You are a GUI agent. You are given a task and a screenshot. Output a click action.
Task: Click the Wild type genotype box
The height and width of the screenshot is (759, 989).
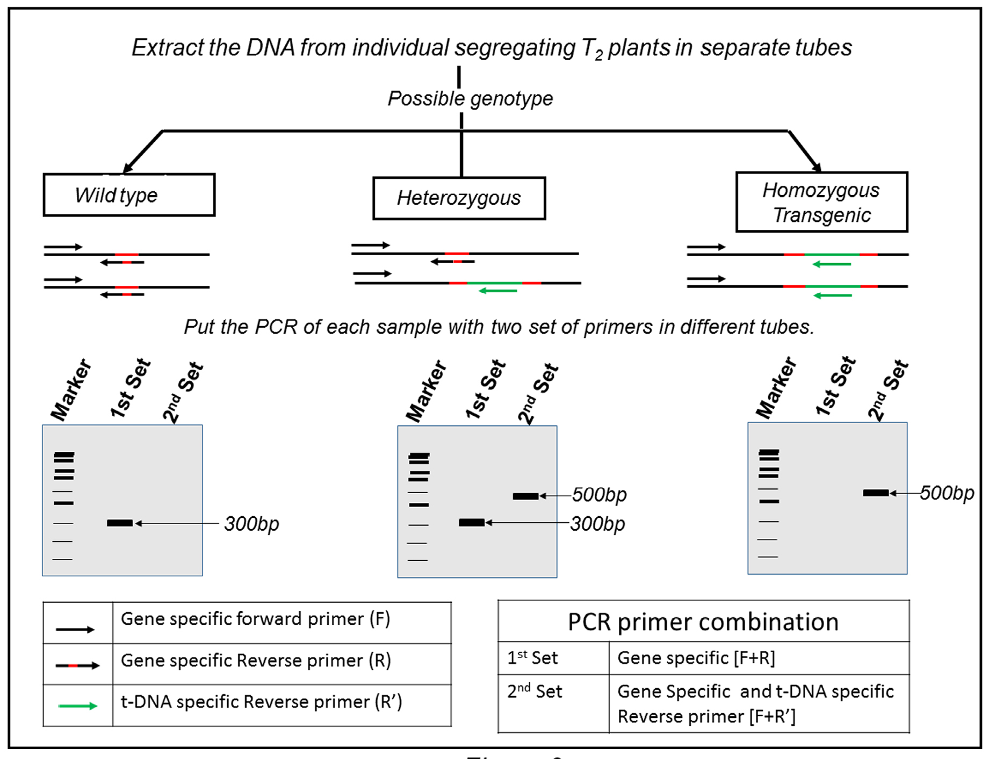[129, 195]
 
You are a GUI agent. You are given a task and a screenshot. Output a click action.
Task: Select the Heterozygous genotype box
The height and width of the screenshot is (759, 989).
[459, 198]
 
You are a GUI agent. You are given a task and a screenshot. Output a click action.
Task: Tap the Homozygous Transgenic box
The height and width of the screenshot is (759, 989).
[821, 203]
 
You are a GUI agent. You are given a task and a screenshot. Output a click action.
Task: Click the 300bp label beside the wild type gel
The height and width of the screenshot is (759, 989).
[251, 524]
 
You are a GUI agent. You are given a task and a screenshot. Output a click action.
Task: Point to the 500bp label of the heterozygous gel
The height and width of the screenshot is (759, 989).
[599, 495]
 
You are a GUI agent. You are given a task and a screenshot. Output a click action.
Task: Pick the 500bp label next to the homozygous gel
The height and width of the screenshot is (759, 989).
[947, 493]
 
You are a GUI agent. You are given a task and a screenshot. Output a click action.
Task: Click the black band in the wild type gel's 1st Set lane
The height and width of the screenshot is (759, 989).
[120, 523]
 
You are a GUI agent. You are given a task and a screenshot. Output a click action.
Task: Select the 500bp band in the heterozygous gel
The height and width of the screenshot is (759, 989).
[525, 496]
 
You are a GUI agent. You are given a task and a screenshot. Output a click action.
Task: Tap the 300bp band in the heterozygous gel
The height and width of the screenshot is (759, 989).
[472, 522]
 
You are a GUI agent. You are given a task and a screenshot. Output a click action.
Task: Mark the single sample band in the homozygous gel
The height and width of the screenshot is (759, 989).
[876, 493]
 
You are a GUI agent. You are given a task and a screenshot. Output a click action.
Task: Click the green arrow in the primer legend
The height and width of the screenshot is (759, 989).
[77, 706]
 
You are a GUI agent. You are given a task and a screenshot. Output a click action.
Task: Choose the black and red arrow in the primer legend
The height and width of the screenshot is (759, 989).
[77, 666]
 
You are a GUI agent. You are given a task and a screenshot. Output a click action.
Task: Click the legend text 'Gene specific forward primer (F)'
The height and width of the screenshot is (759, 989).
[255, 619]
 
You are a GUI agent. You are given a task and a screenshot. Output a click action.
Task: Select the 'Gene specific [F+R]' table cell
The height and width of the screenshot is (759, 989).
[696, 658]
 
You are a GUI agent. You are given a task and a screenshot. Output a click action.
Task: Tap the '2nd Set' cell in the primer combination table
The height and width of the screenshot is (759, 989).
[535, 691]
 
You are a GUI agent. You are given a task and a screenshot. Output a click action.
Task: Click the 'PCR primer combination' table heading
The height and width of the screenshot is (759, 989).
[703, 622]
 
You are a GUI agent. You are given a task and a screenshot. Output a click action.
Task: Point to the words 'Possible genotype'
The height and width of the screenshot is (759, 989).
[470, 99]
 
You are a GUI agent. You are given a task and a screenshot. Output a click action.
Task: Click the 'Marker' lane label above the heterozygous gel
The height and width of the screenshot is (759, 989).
[426, 391]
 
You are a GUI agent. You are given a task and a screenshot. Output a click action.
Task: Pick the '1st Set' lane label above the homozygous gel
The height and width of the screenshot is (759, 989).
[835, 386]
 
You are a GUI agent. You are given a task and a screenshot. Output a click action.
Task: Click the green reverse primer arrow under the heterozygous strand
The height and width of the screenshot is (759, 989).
[497, 291]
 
